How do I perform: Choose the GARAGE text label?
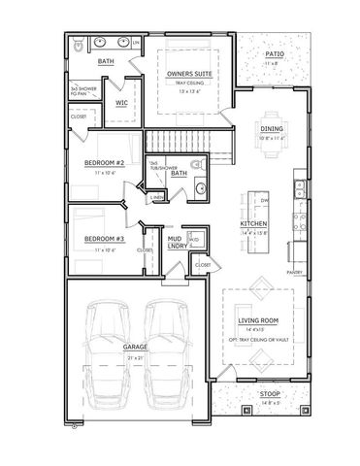[134, 345]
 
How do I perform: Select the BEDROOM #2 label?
[103, 162]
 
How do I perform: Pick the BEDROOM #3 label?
[103, 238]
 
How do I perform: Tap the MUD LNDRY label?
[176, 243]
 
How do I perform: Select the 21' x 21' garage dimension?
[134, 357]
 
